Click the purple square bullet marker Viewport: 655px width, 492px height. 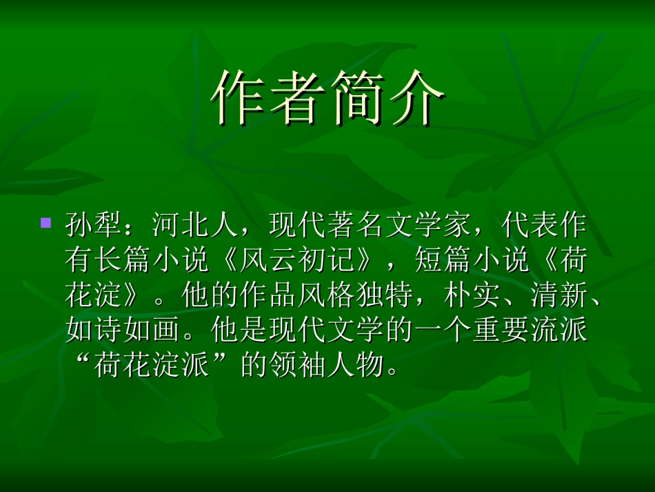point(46,223)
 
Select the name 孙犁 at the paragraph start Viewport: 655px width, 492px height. point(94,224)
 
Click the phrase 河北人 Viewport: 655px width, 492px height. point(195,224)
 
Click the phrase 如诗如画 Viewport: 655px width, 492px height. point(123,332)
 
